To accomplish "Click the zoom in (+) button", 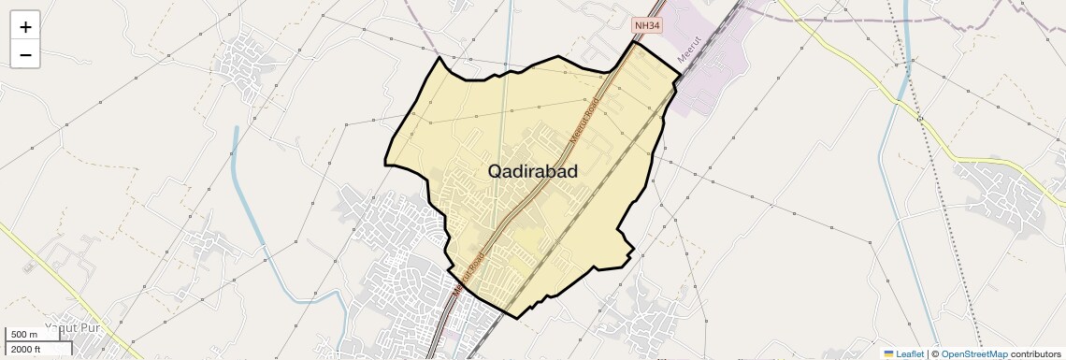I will click(x=25, y=27).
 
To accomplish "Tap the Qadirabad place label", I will click(x=532, y=171).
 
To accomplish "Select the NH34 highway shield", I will click(x=646, y=26).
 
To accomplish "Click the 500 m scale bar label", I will click(x=24, y=335).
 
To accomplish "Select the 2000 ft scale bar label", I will click(x=26, y=349).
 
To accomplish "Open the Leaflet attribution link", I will click(x=909, y=353).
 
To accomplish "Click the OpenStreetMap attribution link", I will click(x=973, y=353).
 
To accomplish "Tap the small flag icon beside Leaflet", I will click(x=889, y=353).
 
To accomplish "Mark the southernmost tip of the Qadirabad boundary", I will click(x=515, y=318).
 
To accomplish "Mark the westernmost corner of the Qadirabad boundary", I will click(x=385, y=164).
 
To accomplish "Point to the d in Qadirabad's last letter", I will click(x=570, y=171).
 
